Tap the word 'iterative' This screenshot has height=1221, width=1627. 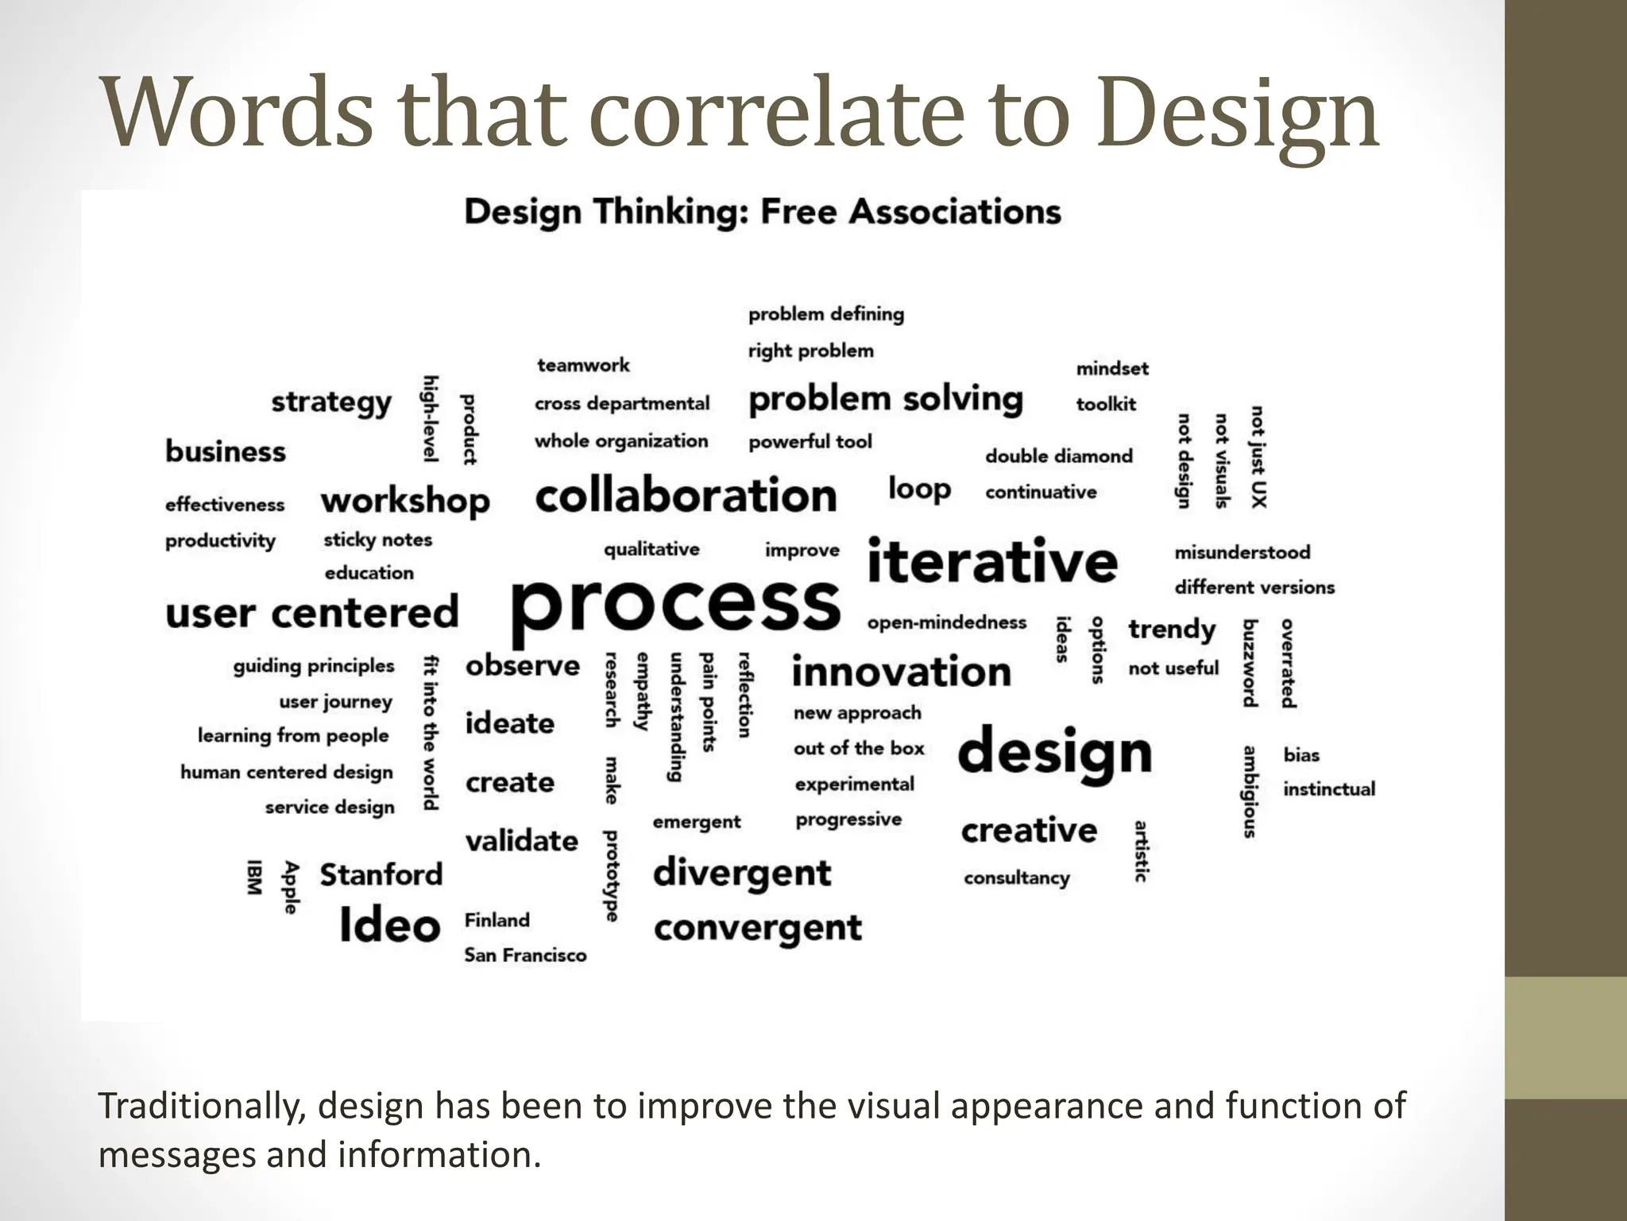click(x=992, y=561)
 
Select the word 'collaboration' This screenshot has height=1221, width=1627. click(x=686, y=496)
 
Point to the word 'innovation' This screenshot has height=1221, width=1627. click(x=902, y=672)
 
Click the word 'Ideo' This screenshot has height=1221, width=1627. click(x=389, y=925)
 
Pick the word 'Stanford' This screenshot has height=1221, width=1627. click(x=381, y=874)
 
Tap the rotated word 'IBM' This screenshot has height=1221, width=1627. click(x=254, y=877)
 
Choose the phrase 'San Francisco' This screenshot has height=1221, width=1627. click(x=525, y=955)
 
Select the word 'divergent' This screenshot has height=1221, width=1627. click(x=742, y=874)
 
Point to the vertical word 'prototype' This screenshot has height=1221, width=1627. click(x=611, y=876)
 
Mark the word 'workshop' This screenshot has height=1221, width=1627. click(x=405, y=502)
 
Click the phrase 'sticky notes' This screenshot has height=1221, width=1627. click(x=377, y=540)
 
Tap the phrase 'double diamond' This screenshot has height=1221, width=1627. click(x=1059, y=456)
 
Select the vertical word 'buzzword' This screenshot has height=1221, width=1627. click(x=1250, y=663)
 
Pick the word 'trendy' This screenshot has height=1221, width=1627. click(x=1172, y=630)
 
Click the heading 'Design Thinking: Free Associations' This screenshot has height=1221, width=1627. click(x=763, y=212)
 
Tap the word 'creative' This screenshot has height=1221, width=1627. click(x=1029, y=831)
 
